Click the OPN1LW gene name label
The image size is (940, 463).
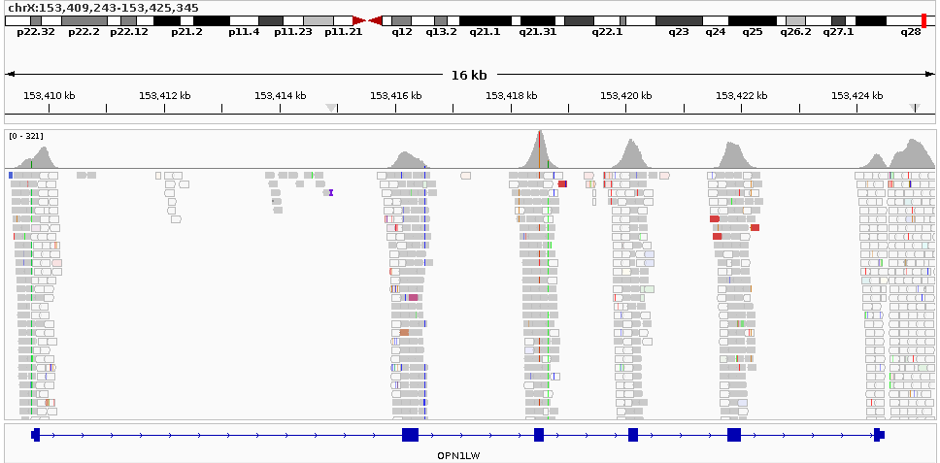[459, 454]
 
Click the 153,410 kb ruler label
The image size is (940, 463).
[49, 95]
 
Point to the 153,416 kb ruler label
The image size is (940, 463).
[395, 95]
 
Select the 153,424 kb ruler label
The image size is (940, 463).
[857, 95]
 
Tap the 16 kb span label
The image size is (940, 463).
[469, 75]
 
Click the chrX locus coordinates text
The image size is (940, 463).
[103, 8]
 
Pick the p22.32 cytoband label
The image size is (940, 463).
[36, 32]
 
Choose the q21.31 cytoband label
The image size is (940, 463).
[538, 32]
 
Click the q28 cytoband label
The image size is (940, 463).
[910, 32]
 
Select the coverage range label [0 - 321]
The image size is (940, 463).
[25, 136]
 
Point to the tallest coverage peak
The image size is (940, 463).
[540, 134]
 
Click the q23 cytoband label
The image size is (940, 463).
[678, 32]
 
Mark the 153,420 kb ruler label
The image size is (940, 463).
[626, 95]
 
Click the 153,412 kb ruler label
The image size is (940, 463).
[164, 95]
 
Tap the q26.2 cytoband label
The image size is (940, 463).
[795, 32]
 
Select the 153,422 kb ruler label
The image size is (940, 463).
[742, 95]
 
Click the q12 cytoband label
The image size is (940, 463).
[402, 32]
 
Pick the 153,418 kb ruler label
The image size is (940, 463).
[511, 95]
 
